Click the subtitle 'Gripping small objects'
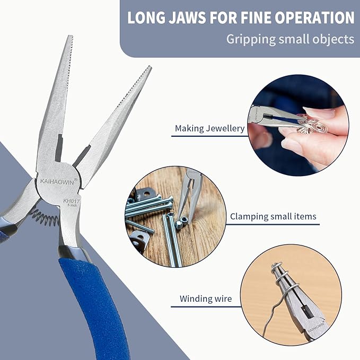(x=290, y=39)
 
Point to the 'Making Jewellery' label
(x=209, y=128)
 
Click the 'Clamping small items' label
(x=273, y=216)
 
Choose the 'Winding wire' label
(x=206, y=299)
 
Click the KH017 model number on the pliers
(x=71, y=201)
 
